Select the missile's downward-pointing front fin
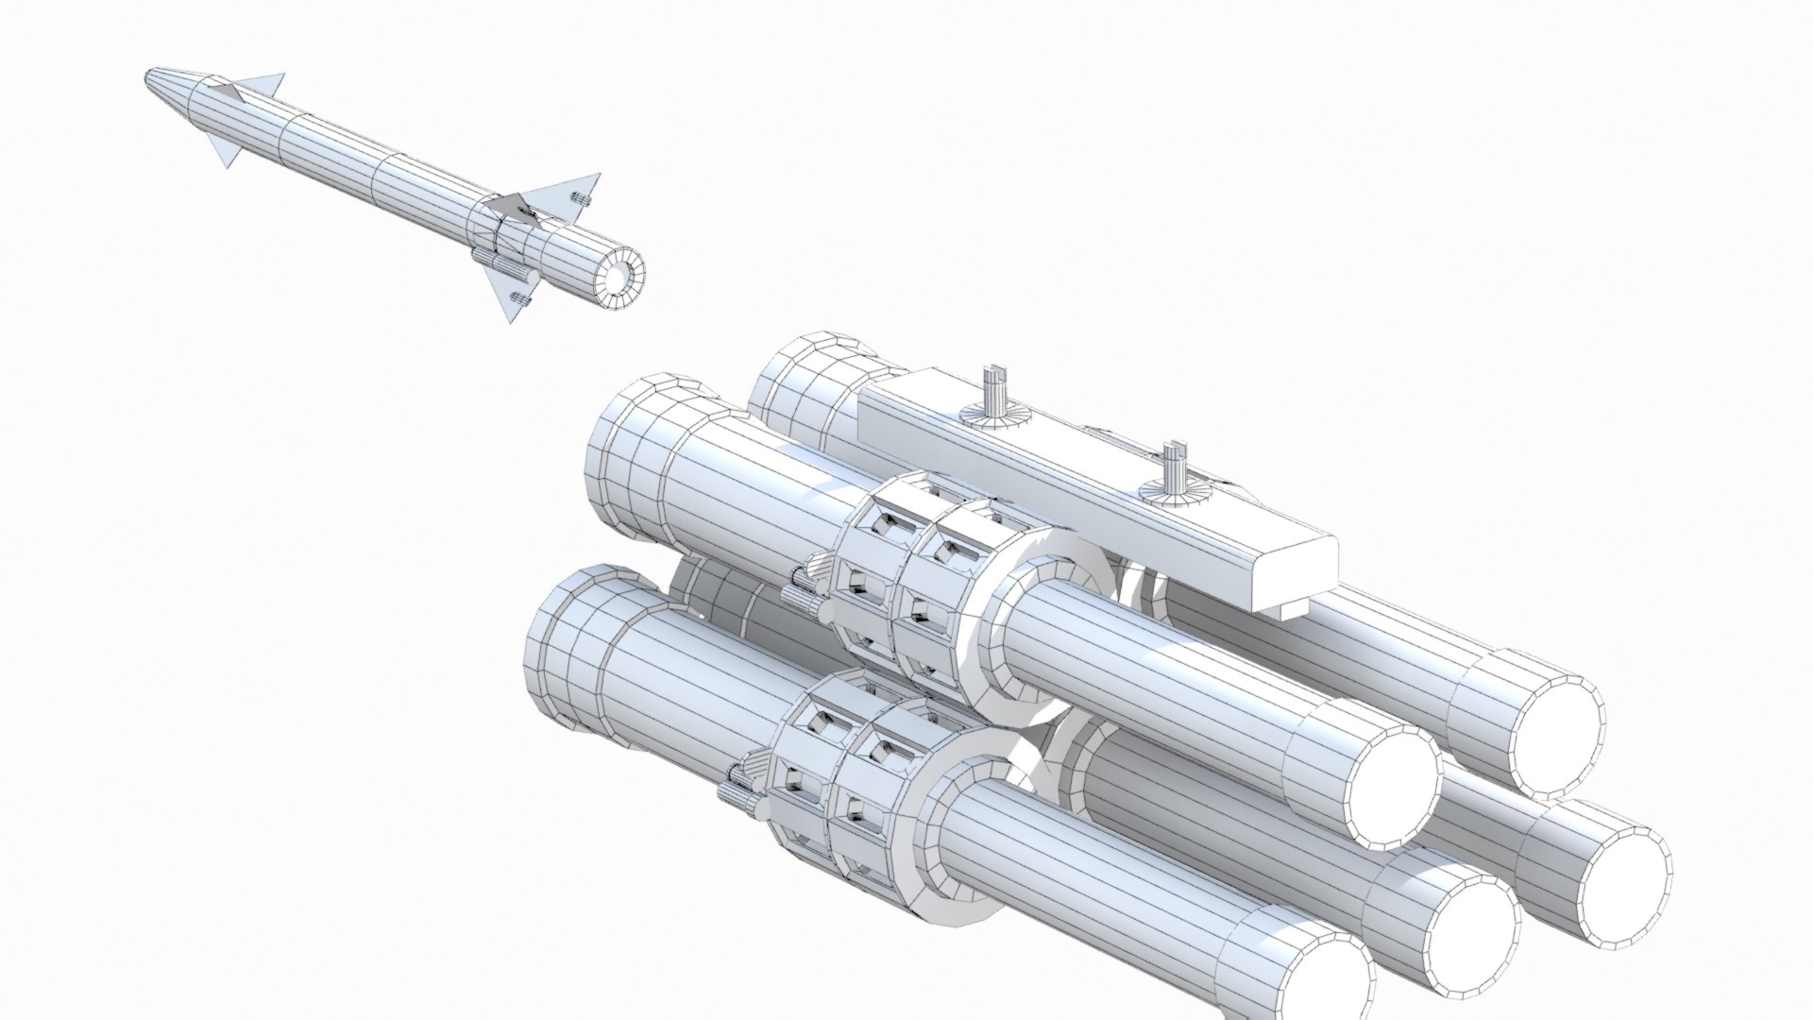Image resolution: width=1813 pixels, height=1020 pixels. click(222, 151)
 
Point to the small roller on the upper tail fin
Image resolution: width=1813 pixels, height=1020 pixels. click(581, 200)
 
